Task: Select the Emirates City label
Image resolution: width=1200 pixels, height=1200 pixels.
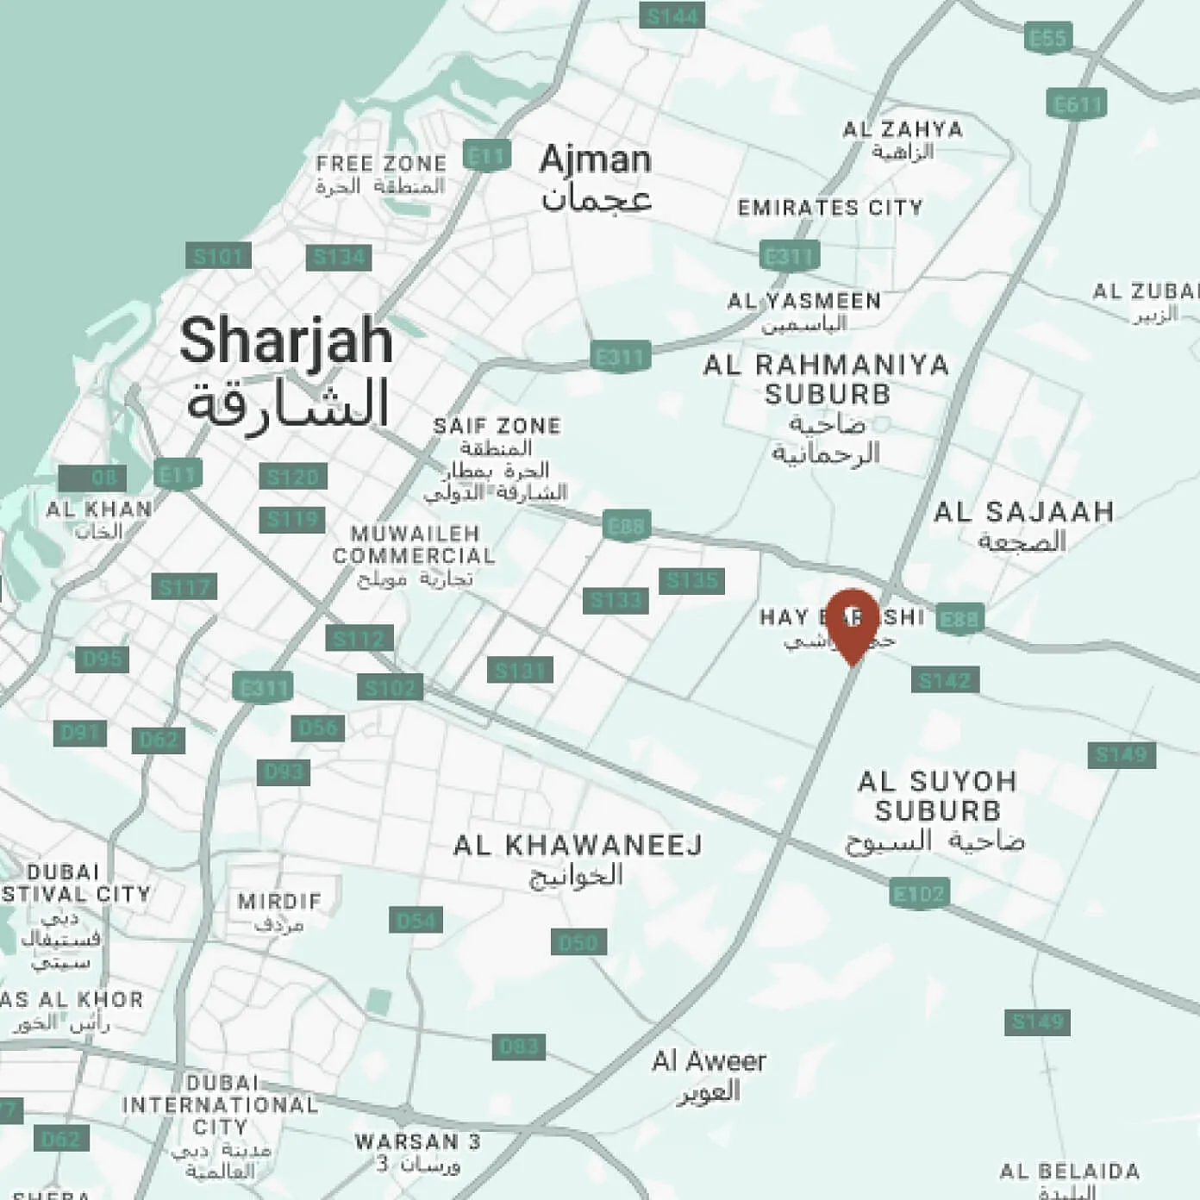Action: pos(830,208)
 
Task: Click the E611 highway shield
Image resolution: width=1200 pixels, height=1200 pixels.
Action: pos(1078,104)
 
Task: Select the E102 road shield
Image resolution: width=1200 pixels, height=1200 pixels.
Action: pos(919,893)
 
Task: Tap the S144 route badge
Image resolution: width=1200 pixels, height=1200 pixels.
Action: pos(672,16)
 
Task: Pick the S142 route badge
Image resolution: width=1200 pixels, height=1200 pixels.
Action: pos(945,680)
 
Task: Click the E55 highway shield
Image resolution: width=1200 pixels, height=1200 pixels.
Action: pos(1048,38)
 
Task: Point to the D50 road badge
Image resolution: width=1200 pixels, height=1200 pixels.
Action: pos(578,941)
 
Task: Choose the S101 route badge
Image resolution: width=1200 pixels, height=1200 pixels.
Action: pos(218,256)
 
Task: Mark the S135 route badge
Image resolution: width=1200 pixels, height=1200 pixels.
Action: pos(691,580)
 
